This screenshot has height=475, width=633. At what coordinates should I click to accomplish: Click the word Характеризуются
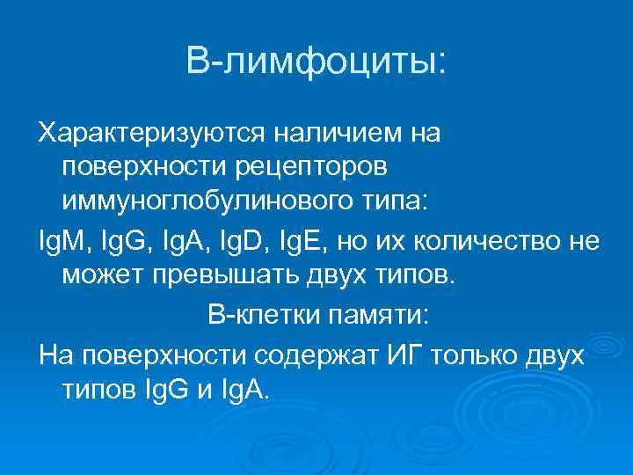[x=148, y=134]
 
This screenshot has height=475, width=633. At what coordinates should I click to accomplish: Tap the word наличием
[x=337, y=134]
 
